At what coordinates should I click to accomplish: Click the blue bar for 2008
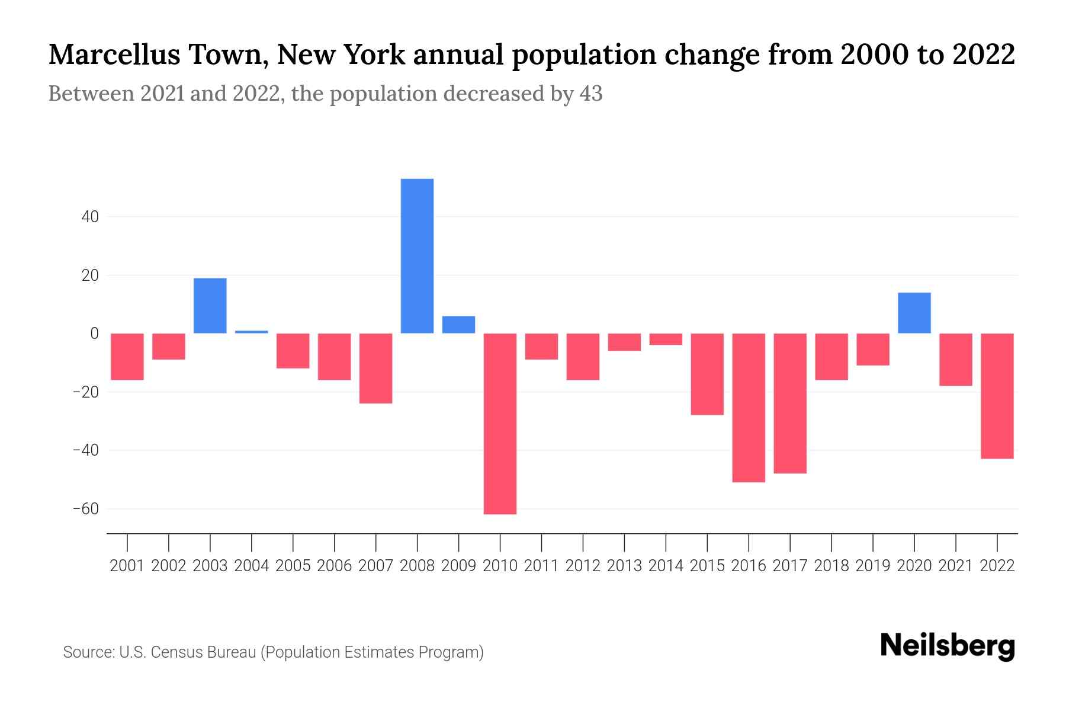[417, 256]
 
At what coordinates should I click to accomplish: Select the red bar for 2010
[500, 424]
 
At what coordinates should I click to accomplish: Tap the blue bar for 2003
[210, 306]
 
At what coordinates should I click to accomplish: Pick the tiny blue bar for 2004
[252, 332]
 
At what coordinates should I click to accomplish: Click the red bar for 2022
[997, 396]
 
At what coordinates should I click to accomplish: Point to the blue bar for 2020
[914, 313]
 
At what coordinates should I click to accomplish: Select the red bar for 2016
[749, 408]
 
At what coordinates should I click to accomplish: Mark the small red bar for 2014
[666, 339]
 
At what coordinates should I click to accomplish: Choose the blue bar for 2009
[458, 325]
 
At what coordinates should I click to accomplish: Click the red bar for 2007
[375, 368]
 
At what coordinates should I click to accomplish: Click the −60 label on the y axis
[85, 509]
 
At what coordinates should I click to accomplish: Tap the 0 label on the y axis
[94, 334]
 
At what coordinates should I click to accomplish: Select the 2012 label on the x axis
[583, 566]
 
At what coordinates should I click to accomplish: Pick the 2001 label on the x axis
[127, 566]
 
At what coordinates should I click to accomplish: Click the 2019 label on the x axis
[873, 566]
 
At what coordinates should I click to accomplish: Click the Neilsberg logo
[948, 646]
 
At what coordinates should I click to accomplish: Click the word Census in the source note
[175, 652]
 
